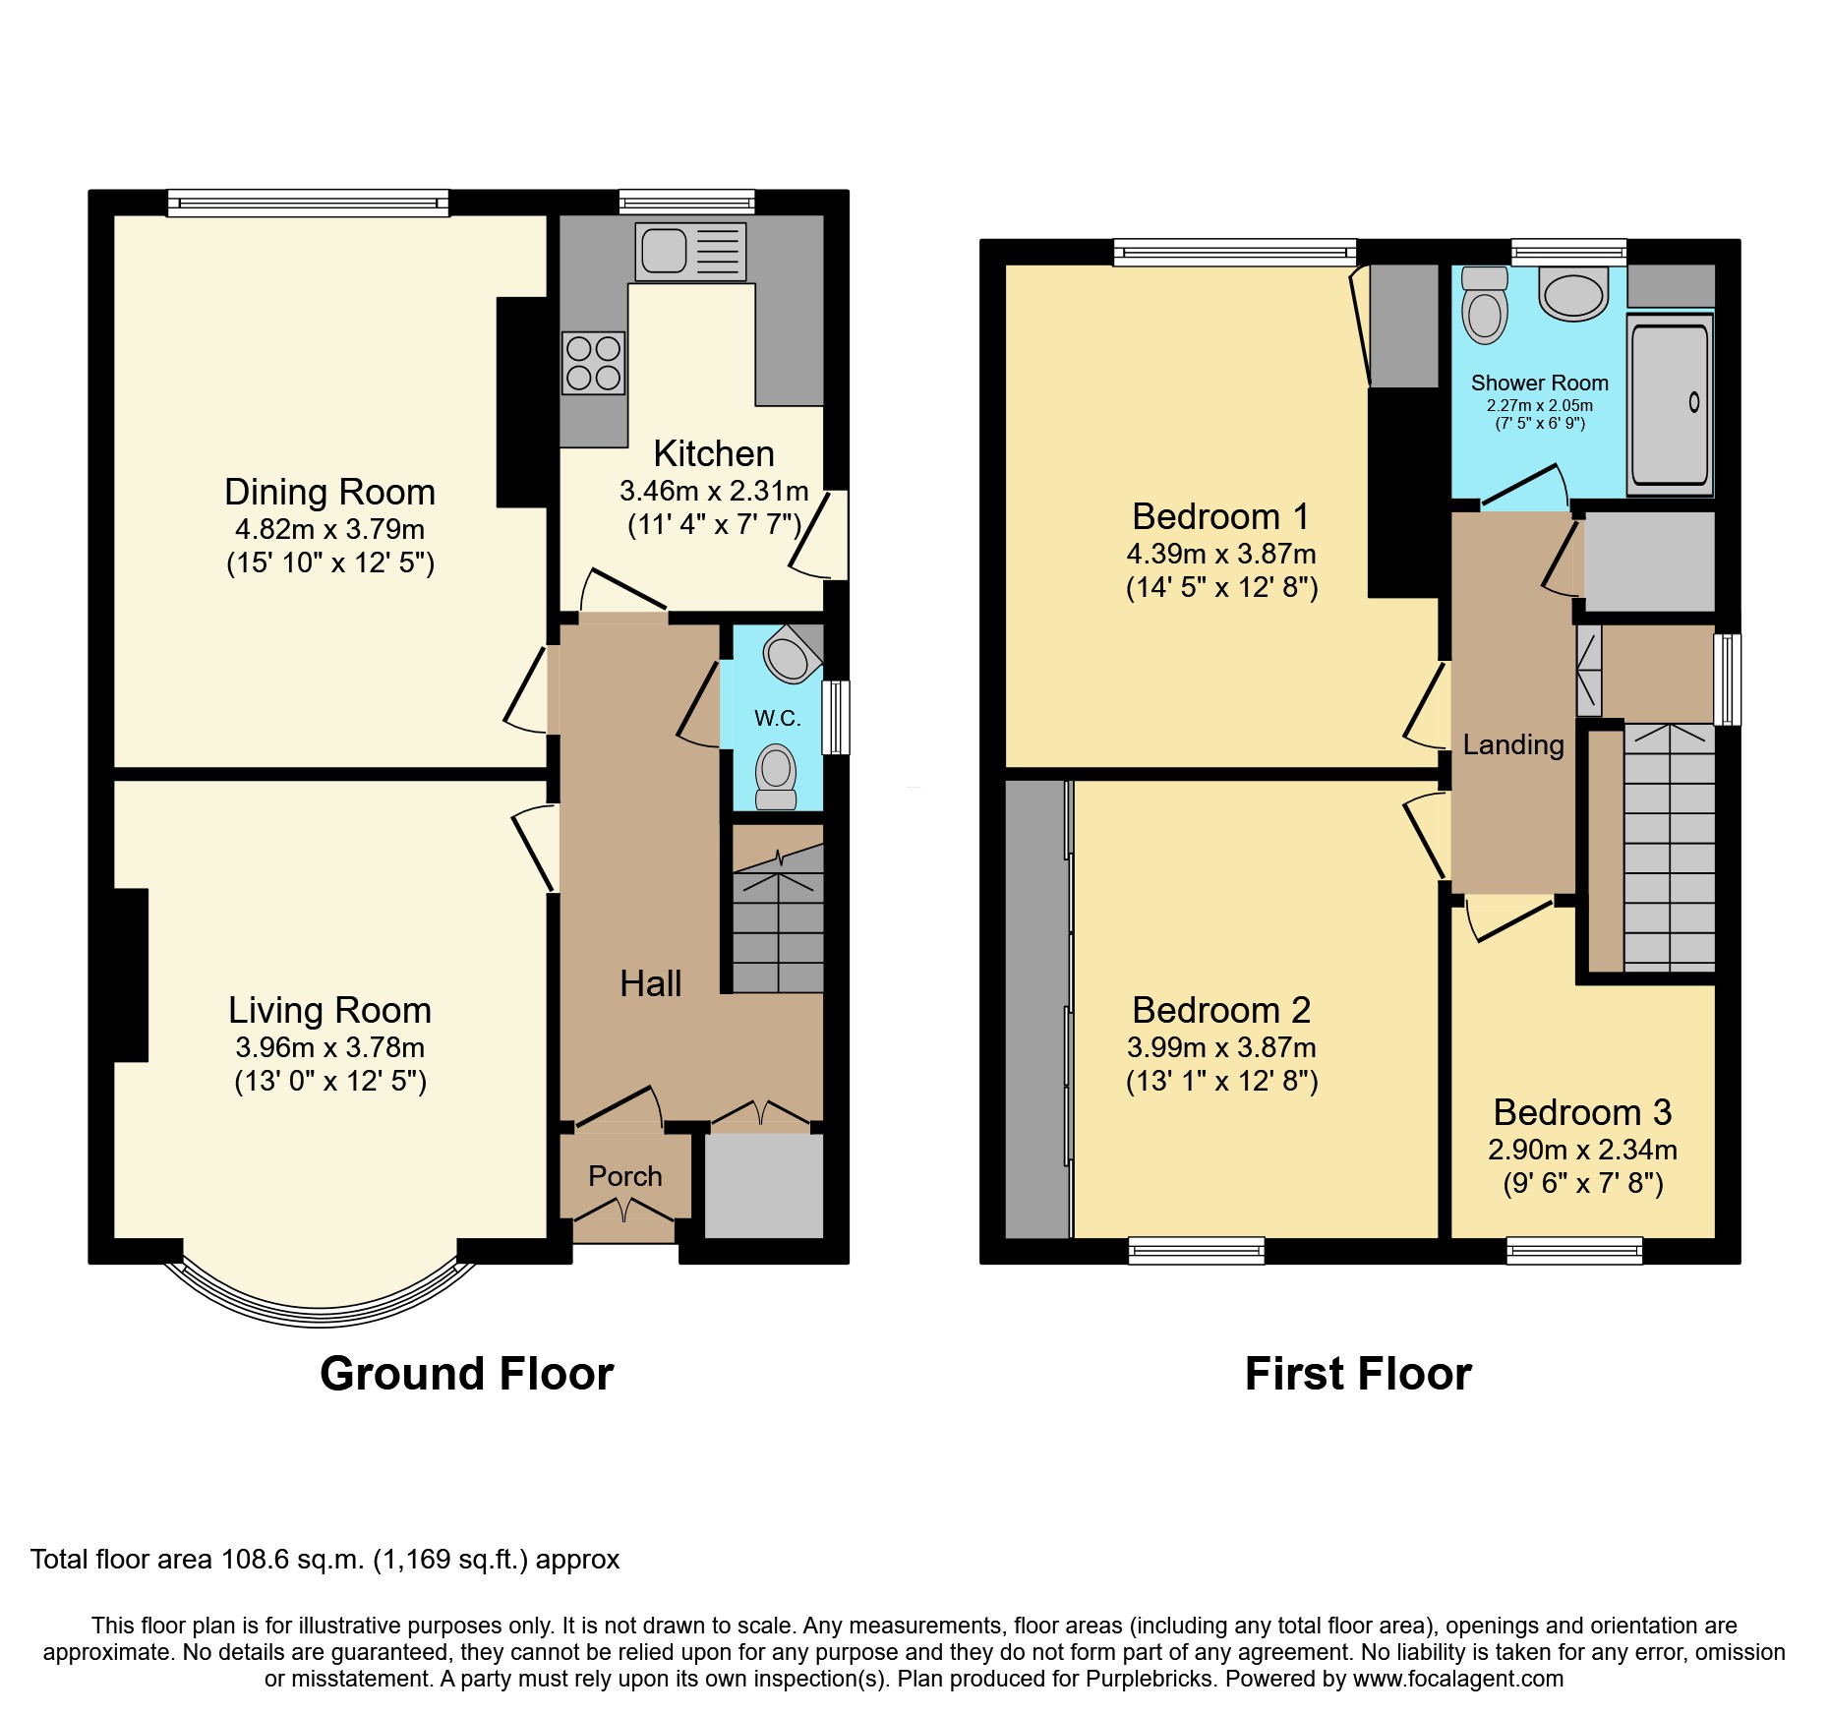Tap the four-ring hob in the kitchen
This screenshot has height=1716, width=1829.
pos(594,363)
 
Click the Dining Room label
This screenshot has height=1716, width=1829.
pos(329,492)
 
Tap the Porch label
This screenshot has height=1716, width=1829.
pos(624,1176)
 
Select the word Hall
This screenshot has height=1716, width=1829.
pos(650,983)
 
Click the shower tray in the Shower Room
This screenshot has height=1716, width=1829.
pos(1670,404)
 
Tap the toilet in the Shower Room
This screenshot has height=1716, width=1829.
pos(1485,306)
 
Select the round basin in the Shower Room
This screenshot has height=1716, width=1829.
pos(1573,294)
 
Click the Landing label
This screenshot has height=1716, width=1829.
pos(1512,744)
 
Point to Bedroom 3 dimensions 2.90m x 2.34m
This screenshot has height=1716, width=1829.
pos(1582,1150)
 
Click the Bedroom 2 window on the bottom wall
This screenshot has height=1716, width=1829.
pos(1197,1251)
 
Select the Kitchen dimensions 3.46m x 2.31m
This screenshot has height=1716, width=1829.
pos(714,491)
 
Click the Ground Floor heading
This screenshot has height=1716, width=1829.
pos(466,1374)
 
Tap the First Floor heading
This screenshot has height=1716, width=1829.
pos(1358,1374)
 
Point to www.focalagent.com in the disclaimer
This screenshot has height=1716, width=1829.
pos(1457,1679)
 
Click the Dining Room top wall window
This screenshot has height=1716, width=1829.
pos(308,204)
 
